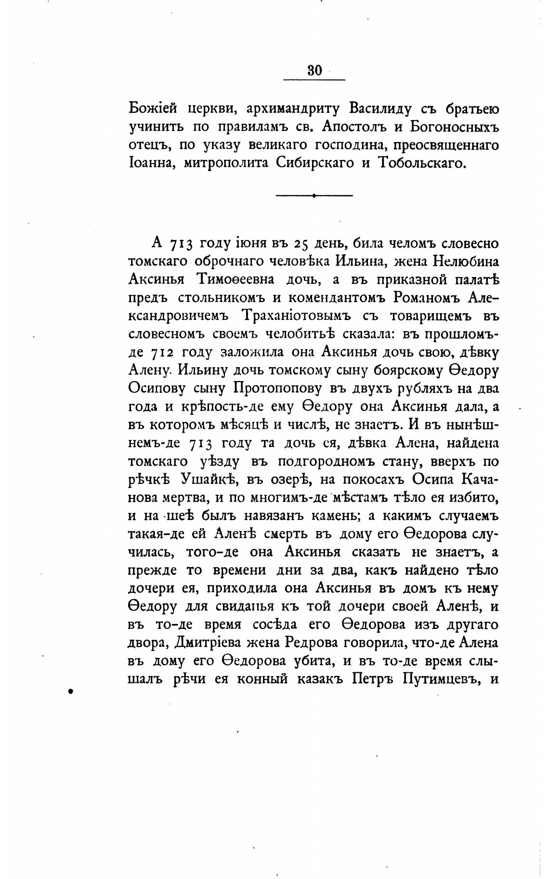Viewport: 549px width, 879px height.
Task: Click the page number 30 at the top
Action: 314,70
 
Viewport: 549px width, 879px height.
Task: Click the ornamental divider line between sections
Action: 314,195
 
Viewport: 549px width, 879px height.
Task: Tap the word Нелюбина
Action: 466,261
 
